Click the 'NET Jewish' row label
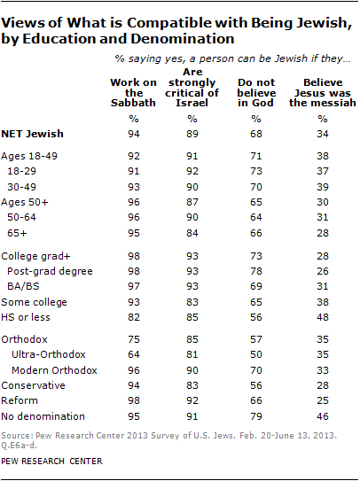coord(38,134)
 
